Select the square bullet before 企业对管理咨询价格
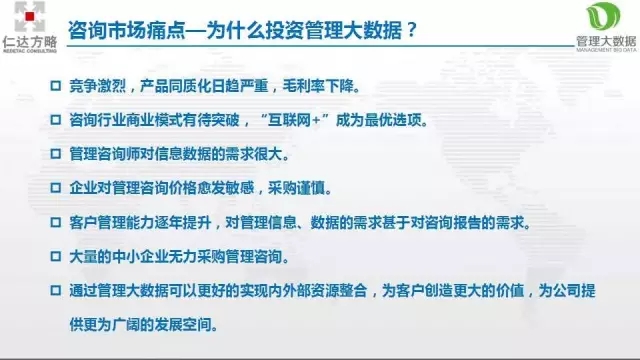[56, 187]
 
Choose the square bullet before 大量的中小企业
[56, 256]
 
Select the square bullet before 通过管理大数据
[56, 290]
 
